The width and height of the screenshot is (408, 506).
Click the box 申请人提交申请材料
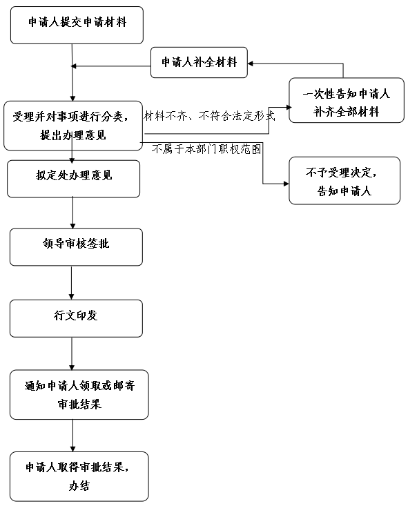tap(77, 25)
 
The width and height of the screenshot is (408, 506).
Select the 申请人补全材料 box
tap(199, 62)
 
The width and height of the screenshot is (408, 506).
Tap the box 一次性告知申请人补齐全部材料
tap(347, 100)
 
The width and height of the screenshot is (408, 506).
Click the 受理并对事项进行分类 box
tap(73, 126)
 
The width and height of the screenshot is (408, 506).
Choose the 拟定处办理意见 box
tap(74, 179)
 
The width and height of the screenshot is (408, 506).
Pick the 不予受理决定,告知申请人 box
tap(344, 181)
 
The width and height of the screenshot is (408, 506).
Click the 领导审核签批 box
tap(76, 247)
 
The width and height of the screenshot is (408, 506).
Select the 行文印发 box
tap(76, 318)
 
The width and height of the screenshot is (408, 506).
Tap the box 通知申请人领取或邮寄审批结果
tap(79, 395)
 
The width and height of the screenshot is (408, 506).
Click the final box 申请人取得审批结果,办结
tap(79, 476)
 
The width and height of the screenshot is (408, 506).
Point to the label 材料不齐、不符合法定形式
tap(209, 116)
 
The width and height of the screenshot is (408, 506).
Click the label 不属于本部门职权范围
tap(206, 149)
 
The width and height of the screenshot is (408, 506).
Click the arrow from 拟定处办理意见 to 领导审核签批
tap(72, 213)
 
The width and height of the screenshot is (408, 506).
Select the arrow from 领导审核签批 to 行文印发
tap(71, 283)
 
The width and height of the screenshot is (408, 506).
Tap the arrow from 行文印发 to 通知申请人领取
tap(72, 353)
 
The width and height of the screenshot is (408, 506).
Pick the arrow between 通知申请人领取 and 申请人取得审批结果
tap(72, 436)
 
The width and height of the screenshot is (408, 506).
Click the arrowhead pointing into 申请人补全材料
tap(250, 64)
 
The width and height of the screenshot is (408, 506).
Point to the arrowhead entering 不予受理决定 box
tap(286, 184)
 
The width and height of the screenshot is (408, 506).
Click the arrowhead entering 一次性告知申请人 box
tap(289, 108)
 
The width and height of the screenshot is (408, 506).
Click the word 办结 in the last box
tap(79, 486)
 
